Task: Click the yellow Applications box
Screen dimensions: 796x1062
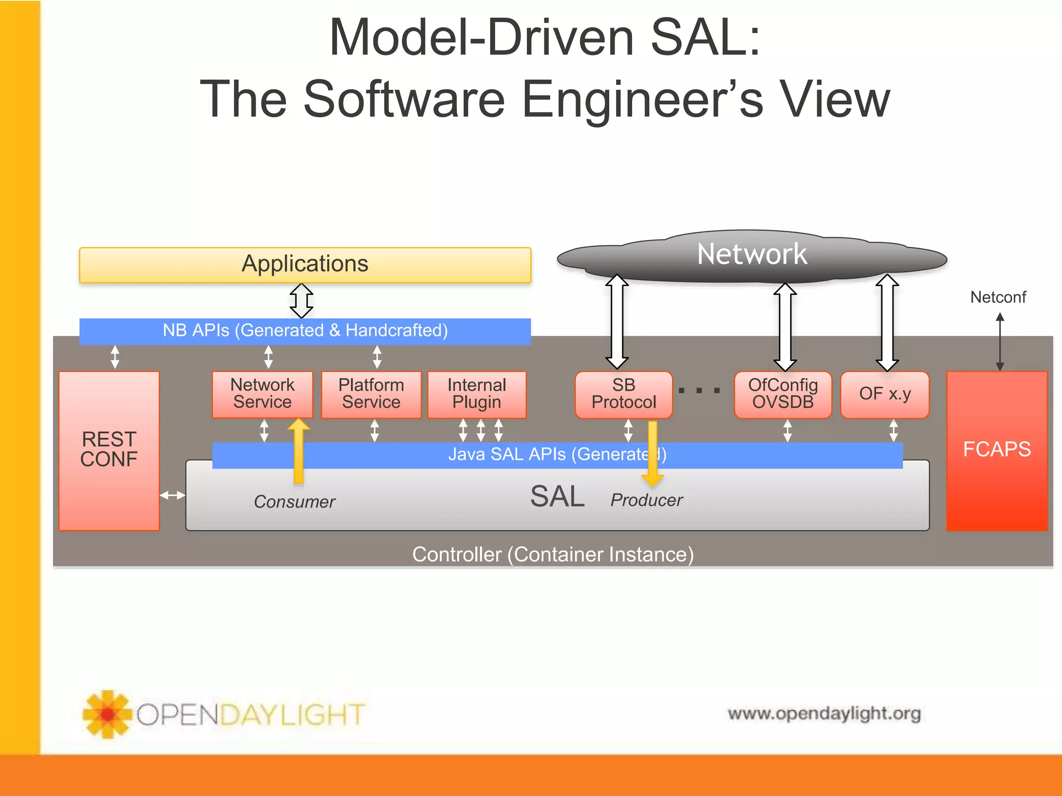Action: coord(305,265)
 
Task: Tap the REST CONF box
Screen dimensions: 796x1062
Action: coord(109,450)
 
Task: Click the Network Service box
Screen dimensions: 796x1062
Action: coord(262,394)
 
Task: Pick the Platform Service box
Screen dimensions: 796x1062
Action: coord(371,394)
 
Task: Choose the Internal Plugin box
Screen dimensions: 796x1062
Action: coord(477,394)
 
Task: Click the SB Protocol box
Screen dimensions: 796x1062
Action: coord(623,394)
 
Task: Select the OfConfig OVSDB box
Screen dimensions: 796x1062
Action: coord(782,394)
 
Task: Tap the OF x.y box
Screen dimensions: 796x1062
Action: coord(885,394)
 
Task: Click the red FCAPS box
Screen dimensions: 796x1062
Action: coord(997,450)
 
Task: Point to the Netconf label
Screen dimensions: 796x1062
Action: coord(998,297)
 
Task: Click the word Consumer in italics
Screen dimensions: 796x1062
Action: coord(294,502)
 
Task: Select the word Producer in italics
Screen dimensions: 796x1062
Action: coord(646,500)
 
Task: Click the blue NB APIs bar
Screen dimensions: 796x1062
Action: coord(305,331)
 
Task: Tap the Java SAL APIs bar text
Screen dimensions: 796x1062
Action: coord(557,454)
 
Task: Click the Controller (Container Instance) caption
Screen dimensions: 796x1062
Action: coord(553,555)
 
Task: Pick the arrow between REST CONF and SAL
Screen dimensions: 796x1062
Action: coord(172,495)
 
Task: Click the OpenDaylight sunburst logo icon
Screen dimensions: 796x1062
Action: coord(107,714)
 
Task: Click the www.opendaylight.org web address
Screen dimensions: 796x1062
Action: coord(824,714)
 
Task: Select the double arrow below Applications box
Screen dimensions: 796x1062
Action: coord(301,301)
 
